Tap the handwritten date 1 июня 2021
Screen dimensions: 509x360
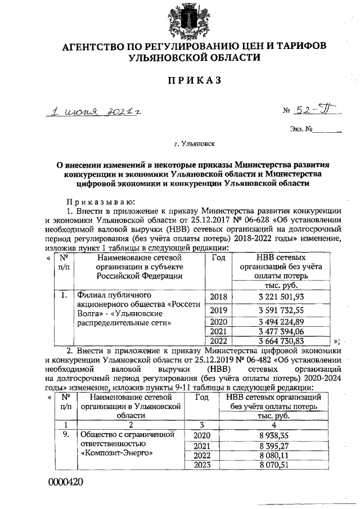click(94, 112)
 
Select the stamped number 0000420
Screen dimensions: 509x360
click(65, 482)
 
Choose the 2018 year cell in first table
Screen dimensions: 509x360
click(218, 298)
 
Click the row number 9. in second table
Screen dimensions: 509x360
click(66, 435)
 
